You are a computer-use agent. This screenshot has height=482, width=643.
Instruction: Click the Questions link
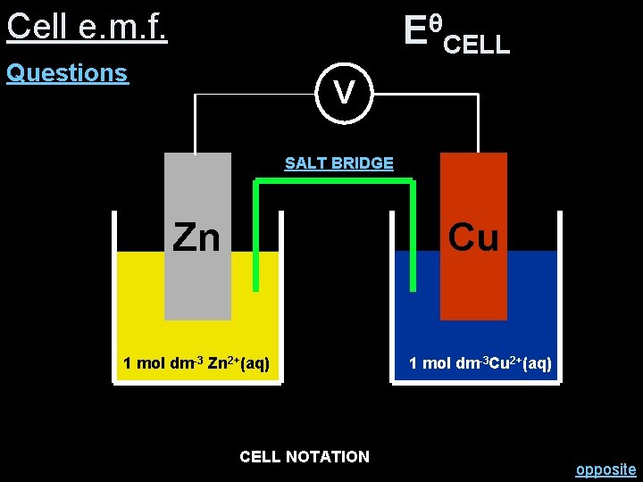coord(67,73)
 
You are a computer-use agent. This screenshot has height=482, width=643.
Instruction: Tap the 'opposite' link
coord(605,470)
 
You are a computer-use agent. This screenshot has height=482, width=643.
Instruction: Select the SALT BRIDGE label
coord(338,163)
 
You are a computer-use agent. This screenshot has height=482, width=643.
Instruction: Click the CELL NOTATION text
coord(304,457)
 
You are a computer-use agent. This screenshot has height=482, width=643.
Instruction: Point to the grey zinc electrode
coord(197,286)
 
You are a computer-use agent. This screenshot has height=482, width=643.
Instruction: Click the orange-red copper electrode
coord(473,286)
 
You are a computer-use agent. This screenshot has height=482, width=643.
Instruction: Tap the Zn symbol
coord(196,237)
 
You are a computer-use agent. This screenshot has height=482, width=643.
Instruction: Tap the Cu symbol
coord(473,237)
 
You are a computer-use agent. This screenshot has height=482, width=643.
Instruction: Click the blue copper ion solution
coord(536,303)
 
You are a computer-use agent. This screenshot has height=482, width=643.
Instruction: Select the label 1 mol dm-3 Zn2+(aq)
coord(196,363)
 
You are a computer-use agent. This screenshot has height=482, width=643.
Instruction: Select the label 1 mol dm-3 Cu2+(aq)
coord(480,363)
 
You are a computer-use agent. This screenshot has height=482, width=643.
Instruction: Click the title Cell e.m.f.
coord(87,27)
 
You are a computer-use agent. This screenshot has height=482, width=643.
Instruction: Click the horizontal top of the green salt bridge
coord(335,182)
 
